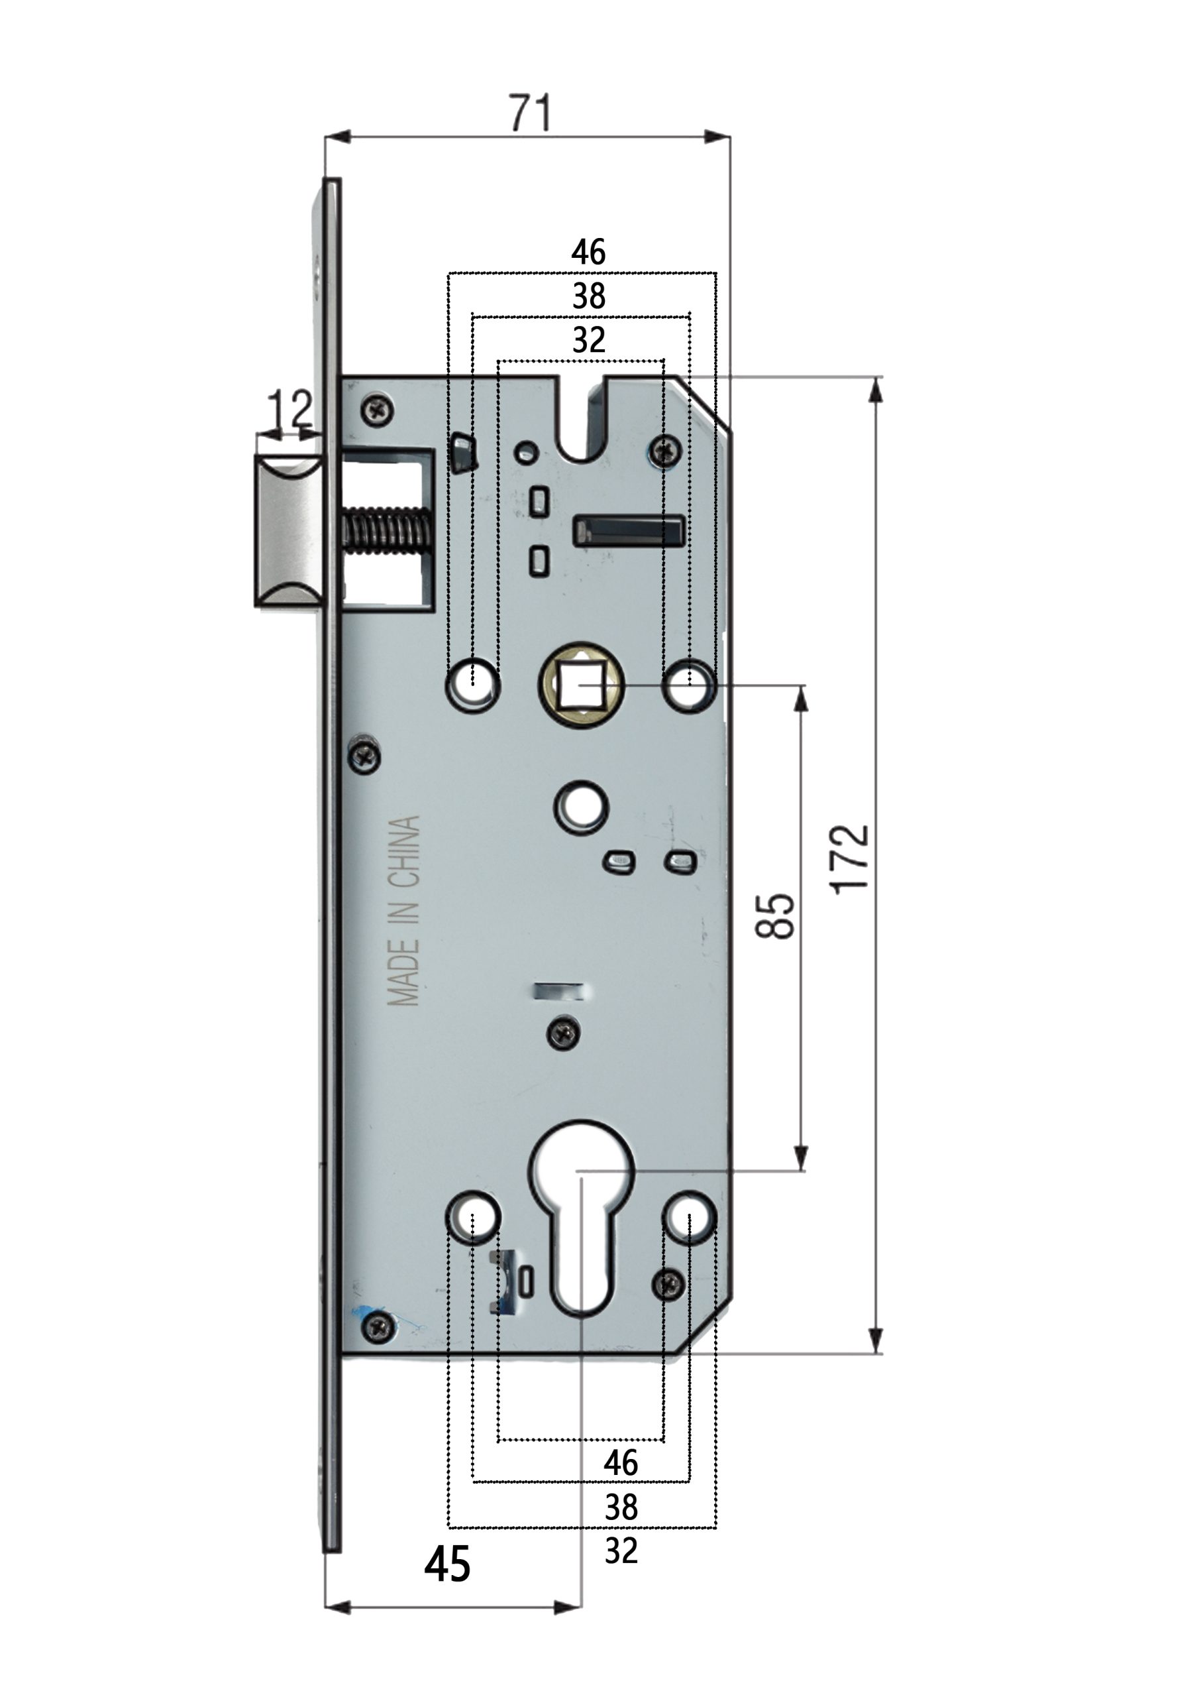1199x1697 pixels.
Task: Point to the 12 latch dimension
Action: [289, 409]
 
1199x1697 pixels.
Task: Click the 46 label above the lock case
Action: [588, 253]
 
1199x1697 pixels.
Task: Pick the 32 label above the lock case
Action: [588, 341]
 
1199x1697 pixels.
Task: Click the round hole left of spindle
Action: [473, 683]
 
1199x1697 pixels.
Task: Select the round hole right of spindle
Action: [688, 683]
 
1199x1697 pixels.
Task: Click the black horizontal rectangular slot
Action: [629, 532]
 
